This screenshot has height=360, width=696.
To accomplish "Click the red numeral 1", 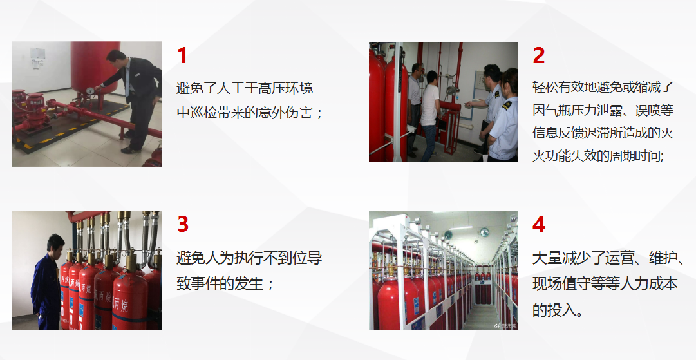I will click(x=182, y=56).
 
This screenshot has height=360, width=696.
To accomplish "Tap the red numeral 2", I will click(x=539, y=56).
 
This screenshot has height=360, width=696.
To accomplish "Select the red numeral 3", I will click(x=183, y=225).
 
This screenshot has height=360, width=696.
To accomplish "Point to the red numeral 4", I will click(x=539, y=225).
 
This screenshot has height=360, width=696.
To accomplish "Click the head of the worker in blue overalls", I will click(x=57, y=244).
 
